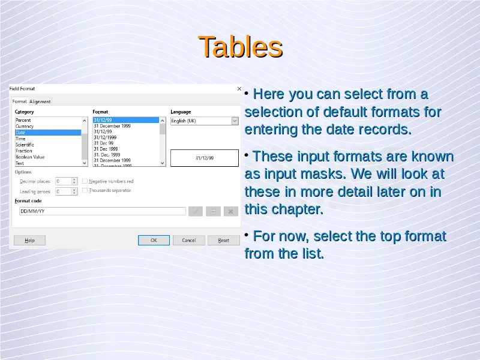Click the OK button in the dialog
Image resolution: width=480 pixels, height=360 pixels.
click(154, 241)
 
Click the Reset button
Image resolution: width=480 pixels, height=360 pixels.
click(223, 241)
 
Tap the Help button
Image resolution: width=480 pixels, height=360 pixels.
click(29, 241)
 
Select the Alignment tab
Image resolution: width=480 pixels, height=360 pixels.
click(40, 101)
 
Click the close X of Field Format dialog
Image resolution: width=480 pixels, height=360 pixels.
click(239, 89)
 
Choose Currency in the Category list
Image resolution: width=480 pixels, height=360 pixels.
click(25, 126)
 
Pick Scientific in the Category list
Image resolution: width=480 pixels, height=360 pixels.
click(25, 145)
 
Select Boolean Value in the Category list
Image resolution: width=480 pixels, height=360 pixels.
click(30, 157)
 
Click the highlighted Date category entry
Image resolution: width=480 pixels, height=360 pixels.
click(48, 132)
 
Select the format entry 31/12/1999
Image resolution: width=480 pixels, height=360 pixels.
click(105, 137)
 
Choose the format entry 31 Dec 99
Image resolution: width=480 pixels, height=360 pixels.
click(103, 143)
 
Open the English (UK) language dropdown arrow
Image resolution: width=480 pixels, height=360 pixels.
click(235, 121)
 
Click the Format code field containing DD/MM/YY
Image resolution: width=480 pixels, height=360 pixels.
click(102, 211)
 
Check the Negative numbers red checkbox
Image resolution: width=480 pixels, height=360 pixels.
click(85, 181)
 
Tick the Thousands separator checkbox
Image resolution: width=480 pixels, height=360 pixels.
click(85, 190)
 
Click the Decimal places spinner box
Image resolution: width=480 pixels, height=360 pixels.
click(66, 181)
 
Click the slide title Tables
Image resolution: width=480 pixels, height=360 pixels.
click(241, 47)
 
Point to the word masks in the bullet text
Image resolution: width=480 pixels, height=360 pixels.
click(323, 174)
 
